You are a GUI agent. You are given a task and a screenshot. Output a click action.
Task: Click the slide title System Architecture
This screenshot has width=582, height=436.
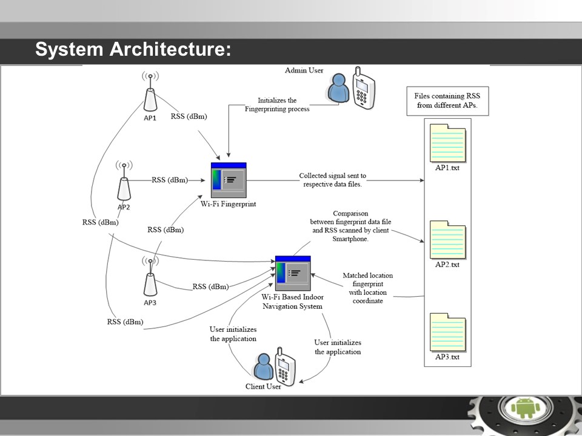point(133,50)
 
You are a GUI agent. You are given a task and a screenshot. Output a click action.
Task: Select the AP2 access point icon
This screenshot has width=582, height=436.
point(124,185)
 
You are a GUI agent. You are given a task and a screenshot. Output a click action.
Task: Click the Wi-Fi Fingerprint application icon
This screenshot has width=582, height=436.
point(229,180)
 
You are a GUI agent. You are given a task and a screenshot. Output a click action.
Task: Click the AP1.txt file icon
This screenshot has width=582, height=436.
point(447,144)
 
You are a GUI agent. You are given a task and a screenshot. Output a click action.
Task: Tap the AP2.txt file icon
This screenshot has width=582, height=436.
point(447,240)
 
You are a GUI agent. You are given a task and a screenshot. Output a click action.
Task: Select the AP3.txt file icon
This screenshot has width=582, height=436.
point(447,332)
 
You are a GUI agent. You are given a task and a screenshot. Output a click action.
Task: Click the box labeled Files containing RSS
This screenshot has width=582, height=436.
point(447,101)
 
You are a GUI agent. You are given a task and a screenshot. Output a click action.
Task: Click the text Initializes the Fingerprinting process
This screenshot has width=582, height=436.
point(277,105)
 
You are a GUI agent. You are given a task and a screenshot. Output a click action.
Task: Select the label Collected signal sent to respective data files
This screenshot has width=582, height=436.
point(332,180)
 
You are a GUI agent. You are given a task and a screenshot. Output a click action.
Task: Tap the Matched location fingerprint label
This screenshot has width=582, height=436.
point(367,288)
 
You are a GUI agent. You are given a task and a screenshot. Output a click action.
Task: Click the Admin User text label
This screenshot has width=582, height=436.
point(304,71)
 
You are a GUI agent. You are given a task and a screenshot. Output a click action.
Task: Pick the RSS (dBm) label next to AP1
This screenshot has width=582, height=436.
point(189,116)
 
